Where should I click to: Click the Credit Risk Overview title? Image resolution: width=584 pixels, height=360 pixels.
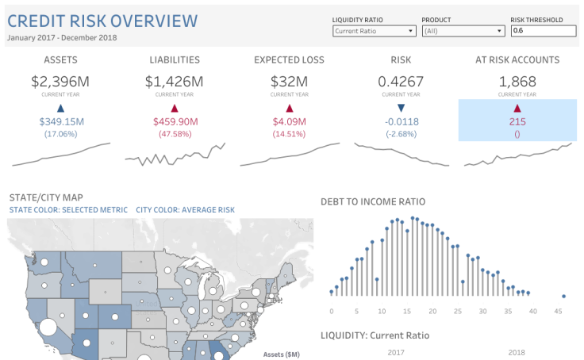pos(102,20)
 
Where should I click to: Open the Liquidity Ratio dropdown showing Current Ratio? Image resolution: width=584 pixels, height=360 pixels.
pos(374,31)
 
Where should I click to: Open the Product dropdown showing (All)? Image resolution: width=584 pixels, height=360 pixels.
pos(463,31)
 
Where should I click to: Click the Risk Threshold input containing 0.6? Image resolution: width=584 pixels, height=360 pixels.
pos(543,31)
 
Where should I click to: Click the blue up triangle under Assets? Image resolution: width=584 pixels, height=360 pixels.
pos(60,107)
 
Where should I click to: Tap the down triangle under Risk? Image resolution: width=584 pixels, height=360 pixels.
pos(401,107)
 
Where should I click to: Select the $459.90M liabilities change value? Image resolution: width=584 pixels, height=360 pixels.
pos(175,121)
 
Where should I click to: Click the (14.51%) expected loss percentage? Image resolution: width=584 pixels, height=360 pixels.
pos(290,133)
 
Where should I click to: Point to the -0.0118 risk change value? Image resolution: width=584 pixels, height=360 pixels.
pos(401,121)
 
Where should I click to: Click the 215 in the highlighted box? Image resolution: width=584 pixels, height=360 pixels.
pos(517,121)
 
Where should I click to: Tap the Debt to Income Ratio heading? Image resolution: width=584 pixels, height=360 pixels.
pos(372,202)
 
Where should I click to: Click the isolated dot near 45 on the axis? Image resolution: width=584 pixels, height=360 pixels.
pos(563,297)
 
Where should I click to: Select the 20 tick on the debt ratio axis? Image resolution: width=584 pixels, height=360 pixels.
pos(432,310)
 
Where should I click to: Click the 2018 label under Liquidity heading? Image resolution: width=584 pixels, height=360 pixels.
pos(517,352)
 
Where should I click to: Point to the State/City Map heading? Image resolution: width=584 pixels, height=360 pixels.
pos(45,197)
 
